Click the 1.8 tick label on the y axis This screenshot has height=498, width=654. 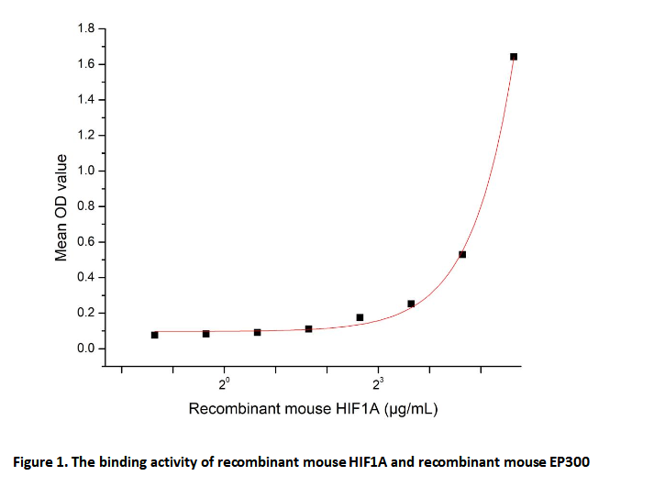[85, 29]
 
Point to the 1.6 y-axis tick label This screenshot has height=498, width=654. [85, 64]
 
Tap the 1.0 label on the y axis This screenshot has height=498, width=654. [85, 172]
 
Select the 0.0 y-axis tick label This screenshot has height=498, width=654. [85, 349]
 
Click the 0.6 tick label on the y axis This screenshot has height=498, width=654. [85, 242]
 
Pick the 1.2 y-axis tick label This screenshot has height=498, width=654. [85, 136]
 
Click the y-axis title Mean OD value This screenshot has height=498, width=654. [61, 207]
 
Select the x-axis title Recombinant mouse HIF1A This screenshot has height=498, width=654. [284, 409]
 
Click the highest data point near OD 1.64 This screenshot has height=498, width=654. [514, 57]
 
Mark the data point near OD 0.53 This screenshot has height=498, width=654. [462, 254]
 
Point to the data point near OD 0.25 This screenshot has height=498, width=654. [411, 304]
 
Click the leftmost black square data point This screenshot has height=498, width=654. [155, 335]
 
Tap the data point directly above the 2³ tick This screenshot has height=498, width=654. [360, 317]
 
